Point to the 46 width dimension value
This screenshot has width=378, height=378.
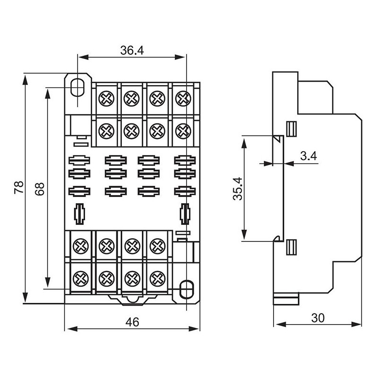132,322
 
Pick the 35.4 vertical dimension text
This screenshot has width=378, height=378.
237,189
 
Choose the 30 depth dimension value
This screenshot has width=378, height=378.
318,318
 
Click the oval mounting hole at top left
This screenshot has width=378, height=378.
77,86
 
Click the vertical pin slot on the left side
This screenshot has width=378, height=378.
80,214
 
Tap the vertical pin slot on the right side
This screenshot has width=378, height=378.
185,214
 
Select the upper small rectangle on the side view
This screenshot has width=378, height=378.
292,128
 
